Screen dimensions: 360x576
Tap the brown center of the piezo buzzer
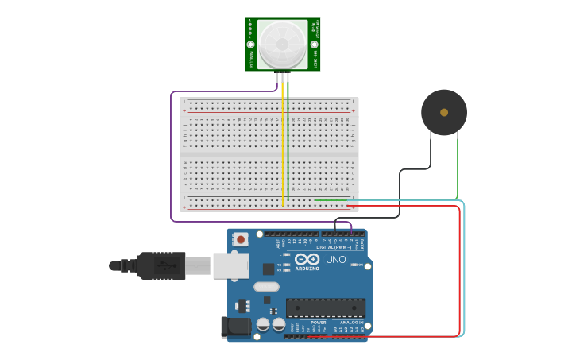pyautogui.click(x=444, y=112)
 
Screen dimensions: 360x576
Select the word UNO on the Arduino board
pyautogui.click(x=335, y=260)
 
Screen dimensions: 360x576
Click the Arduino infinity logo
pyautogui.click(x=307, y=259)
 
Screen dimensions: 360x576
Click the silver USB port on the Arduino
pyautogui.click(x=230, y=266)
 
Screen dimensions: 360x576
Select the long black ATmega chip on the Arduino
pyautogui.click(x=326, y=308)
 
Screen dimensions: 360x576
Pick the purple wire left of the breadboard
pyautogui.click(x=171, y=159)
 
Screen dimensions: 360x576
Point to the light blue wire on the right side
pyautogui.click(x=464, y=270)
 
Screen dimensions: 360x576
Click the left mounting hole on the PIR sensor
pyautogui.click(x=250, y=46)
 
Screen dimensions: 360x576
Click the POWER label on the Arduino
pyautogui.click(x=318, y=323)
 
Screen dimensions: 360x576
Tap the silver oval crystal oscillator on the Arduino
pyautogui.click(x=267, y=287)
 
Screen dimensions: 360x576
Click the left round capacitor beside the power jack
pyautogui.click(x=263, y=324)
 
